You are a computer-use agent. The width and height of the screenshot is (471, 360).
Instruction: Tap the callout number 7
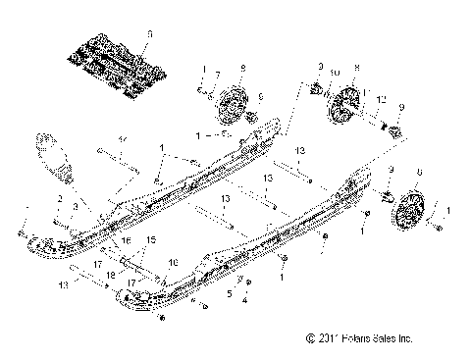[x=217, y=76]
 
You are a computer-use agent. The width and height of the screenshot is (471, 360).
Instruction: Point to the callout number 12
[x=383, y=100]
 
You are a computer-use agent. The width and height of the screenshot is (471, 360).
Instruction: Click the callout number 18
[x=111, y=276]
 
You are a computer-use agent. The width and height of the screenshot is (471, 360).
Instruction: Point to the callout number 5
[x=230, y=292]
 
